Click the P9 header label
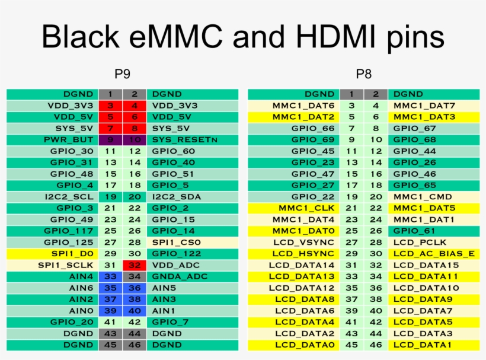click(122, 74)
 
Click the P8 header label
click(363, 74)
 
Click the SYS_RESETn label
click(185, 139)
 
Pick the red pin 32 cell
click(135, 265)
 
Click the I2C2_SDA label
click(175, 196)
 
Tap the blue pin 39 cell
click(110, 311)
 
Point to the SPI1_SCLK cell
click(66, 265)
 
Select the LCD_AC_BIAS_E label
click(434, 254)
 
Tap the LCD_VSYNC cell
click(305, 242)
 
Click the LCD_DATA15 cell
click(426, 265)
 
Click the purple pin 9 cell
click(110, 139)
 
